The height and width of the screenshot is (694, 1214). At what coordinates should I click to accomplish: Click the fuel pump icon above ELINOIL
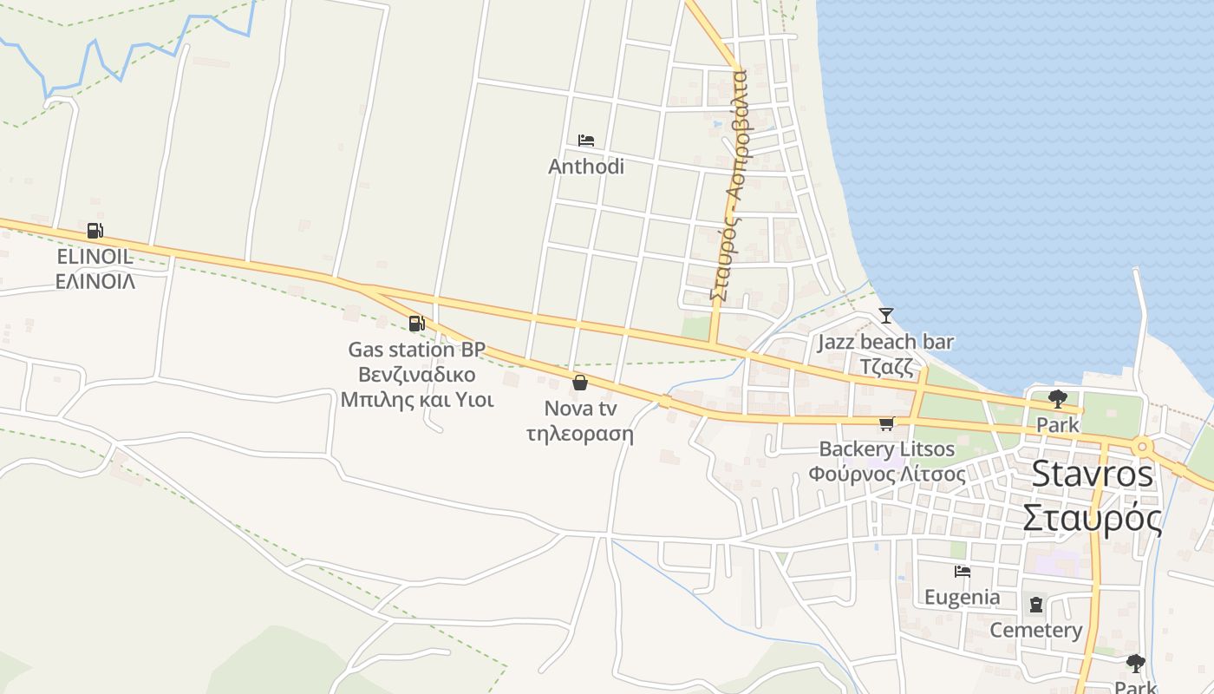(x=95, y=231)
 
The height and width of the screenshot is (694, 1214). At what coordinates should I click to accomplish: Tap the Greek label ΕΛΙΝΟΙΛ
(x=95, y=281)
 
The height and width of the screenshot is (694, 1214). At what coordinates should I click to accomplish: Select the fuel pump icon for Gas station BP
(x=417, y=324)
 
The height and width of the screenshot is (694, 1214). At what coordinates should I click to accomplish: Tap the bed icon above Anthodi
(x=586, y=141)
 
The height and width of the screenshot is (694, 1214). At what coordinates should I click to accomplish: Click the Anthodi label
(x=586, y=166)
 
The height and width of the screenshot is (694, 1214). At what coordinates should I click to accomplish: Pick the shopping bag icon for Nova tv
(x=580, y=382)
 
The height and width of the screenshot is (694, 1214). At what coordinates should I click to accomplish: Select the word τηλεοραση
(x=580, y=433)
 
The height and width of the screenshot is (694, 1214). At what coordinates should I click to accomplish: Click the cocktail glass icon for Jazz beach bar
(x=885, y=315)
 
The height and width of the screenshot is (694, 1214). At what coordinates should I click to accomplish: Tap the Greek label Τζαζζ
(x=886, y=366)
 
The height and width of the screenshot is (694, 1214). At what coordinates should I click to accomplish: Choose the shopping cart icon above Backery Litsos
(x=886, y=423)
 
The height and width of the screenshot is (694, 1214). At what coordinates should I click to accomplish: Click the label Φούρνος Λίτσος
(x=886, y=475)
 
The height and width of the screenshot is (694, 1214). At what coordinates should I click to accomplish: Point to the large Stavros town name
(x=1093, y=474)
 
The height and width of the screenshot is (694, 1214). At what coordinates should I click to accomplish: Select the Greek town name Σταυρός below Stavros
(x=1093, y=519)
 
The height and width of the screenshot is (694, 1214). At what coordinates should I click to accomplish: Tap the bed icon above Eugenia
(x=962, y=572)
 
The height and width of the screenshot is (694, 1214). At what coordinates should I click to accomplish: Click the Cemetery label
(x=1036, y=630)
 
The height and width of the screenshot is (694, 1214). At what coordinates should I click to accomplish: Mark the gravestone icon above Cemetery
(x=1036, y=605)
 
